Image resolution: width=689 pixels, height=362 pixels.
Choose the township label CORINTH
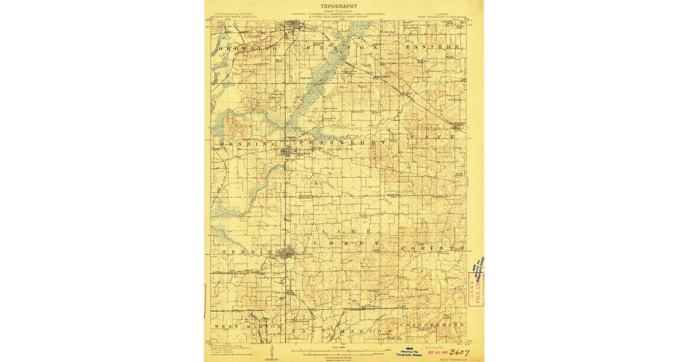(x=432, y=248)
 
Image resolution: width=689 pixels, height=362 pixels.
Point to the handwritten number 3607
(x=459, y=352)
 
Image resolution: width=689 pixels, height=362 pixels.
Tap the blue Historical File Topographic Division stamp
(x=408, y=353)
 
